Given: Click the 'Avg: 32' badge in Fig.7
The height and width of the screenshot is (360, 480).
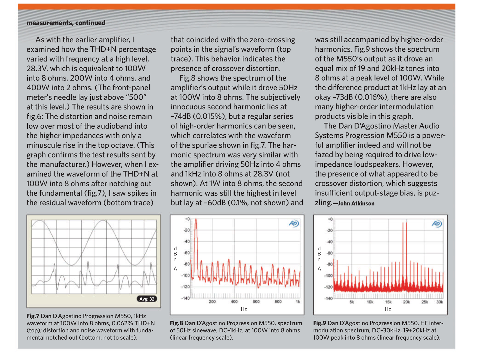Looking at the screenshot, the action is pyautogui.click(x=147, y=299).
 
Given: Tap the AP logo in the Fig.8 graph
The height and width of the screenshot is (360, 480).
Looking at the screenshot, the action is pyautogui.click(x=294, y=224).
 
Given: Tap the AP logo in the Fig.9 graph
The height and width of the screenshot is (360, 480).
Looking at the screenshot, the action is pyautogui.click(x=437, y=224).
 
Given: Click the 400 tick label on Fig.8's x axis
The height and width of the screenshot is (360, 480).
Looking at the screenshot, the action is pyautogui.click(x=234, y=302).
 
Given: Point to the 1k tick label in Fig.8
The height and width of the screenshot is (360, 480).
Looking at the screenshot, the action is pyautogui.click(x=298, y=302).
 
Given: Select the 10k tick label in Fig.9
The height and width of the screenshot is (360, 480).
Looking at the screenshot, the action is pyautogui.click(x=370, y=302).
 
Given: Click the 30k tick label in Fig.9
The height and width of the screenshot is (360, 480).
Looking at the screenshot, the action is pyautogui.click(x=440, y=302).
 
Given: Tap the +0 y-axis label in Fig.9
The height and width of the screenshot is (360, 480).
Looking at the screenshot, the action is pyautogui.click(x=330, y=219).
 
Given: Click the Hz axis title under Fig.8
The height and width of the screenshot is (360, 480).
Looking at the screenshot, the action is pyautogui.click(x=244, y=309).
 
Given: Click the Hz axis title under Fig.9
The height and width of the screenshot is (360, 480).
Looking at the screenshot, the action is pyautogui.click(x=388, y=309).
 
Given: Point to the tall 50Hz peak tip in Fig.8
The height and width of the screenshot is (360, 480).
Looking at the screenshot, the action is pyautogui.click(x=196, y=219).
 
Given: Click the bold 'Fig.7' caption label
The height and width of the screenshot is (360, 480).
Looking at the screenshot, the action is pyautogui.click(x=33, y=316).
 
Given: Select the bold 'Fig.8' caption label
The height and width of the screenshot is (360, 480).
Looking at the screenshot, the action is pyautogui.click(x=176, y=323).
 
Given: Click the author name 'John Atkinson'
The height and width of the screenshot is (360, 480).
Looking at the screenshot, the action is pyautogui.click(x=356, y=203).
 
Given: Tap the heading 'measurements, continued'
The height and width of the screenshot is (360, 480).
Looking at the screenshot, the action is pyautogui.click(x=66, y=23).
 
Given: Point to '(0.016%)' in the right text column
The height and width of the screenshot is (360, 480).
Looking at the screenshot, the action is pyautogui.click(x=370, y=97).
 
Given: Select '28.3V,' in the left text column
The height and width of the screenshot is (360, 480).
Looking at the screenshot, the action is pyautogui.click(x=37, y=68).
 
